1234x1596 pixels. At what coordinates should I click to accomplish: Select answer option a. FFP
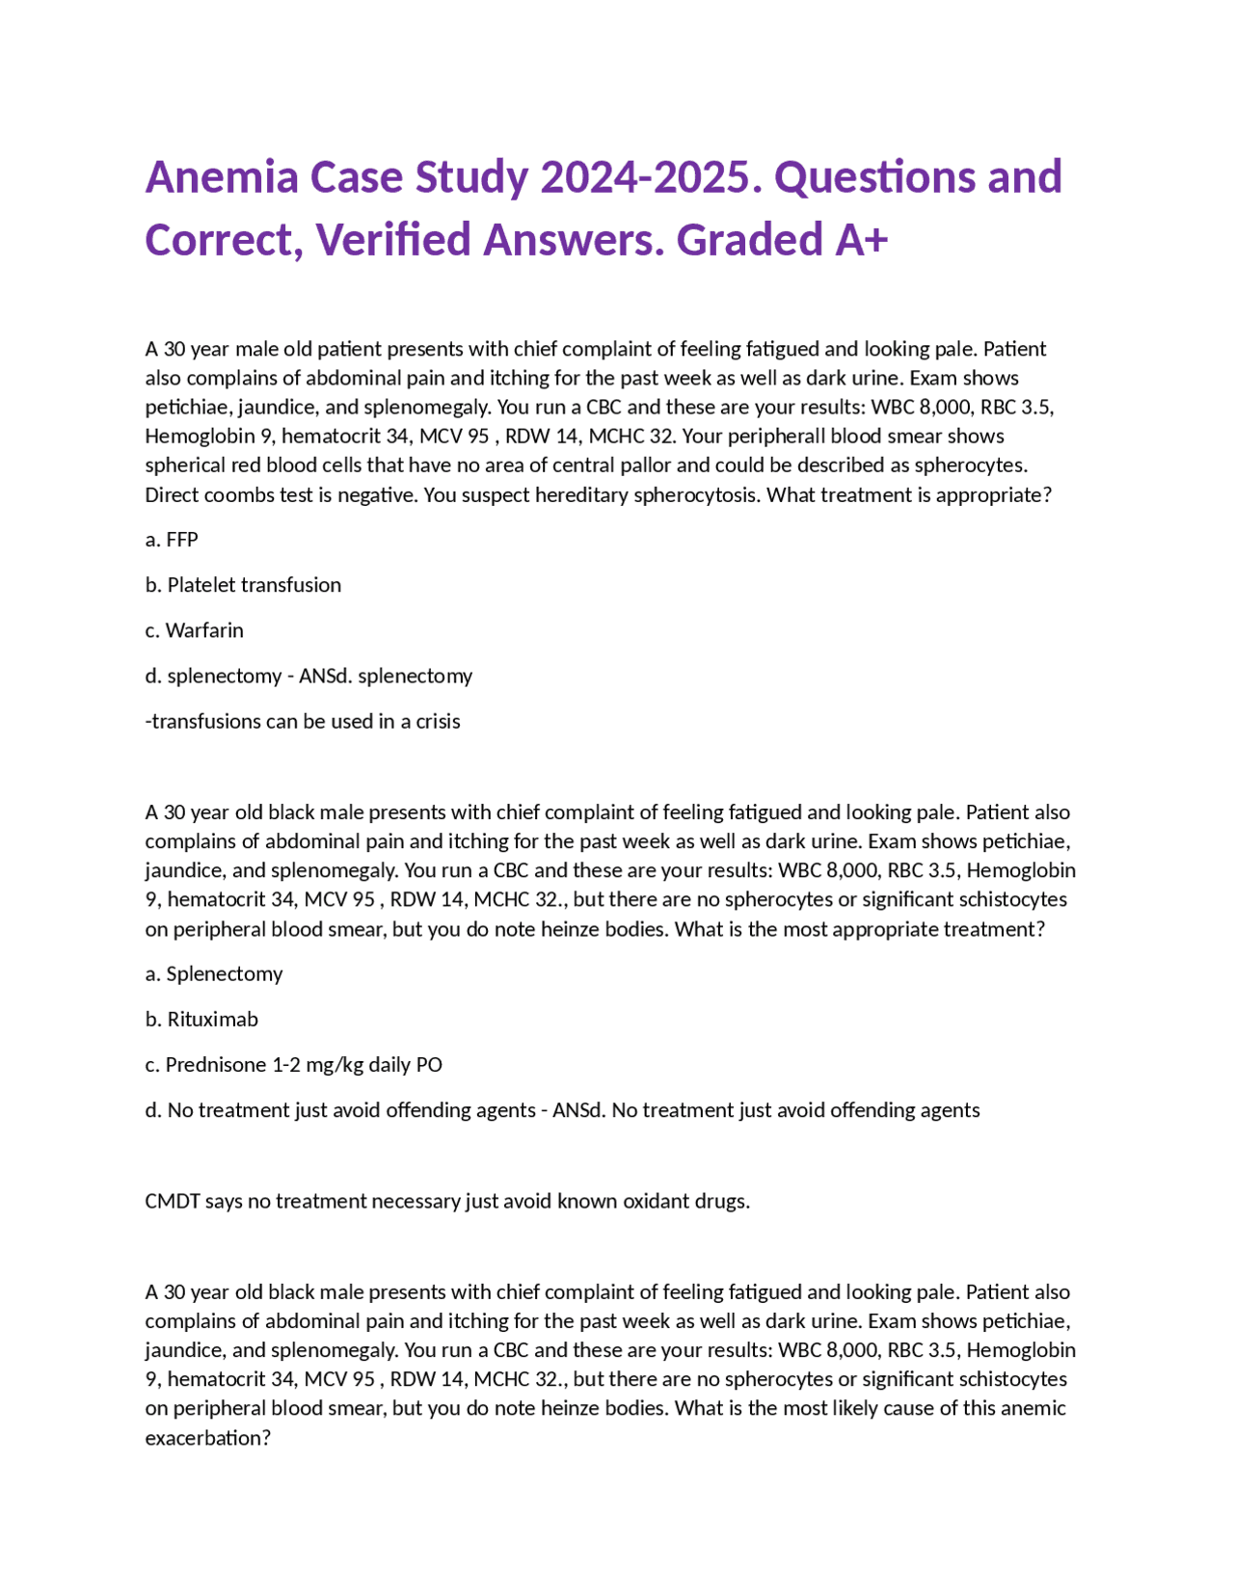172,540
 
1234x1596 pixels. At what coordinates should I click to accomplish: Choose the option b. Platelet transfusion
243,585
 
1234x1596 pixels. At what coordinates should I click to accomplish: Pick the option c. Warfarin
194,630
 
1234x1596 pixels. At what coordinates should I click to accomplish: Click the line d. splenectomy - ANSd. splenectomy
308,676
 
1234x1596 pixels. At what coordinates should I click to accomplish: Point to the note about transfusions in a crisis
303,721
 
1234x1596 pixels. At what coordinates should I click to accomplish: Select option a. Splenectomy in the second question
214,973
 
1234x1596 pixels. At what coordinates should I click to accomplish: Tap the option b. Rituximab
201,1019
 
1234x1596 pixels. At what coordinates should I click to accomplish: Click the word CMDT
172,1201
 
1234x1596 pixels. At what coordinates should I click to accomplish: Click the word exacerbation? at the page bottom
207,1438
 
